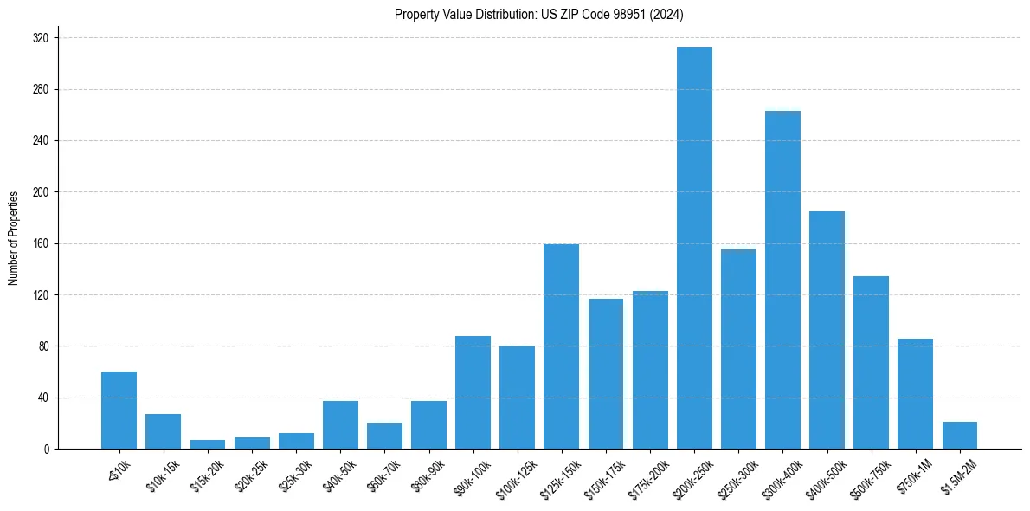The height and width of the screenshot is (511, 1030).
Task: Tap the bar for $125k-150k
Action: (x=561, y=346)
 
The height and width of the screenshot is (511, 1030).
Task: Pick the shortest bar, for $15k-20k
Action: (x=207, y=444)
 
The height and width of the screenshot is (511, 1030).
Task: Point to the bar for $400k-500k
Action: (x=827, y=330)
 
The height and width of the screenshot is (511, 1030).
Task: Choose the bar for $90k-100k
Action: (x=473, y=392)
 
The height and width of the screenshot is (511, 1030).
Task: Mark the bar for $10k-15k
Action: (x=163, y=431)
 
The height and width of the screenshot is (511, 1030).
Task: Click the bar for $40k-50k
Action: (x=340, y=425)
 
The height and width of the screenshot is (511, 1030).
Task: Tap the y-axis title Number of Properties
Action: (x=14, y=238)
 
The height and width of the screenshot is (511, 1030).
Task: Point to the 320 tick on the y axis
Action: (x=41, y=38)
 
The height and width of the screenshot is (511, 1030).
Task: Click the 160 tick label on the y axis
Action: (x=41, y=243)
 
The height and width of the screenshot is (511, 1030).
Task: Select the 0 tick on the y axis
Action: (x=46, y=449)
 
